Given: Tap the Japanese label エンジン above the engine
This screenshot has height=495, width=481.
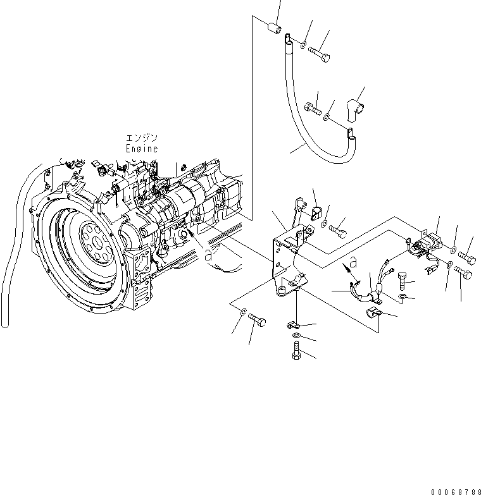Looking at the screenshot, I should click(141, 138).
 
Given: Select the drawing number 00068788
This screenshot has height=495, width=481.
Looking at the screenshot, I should click(453, 491).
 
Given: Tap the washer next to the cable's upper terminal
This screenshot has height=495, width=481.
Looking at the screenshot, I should click(303, 44).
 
